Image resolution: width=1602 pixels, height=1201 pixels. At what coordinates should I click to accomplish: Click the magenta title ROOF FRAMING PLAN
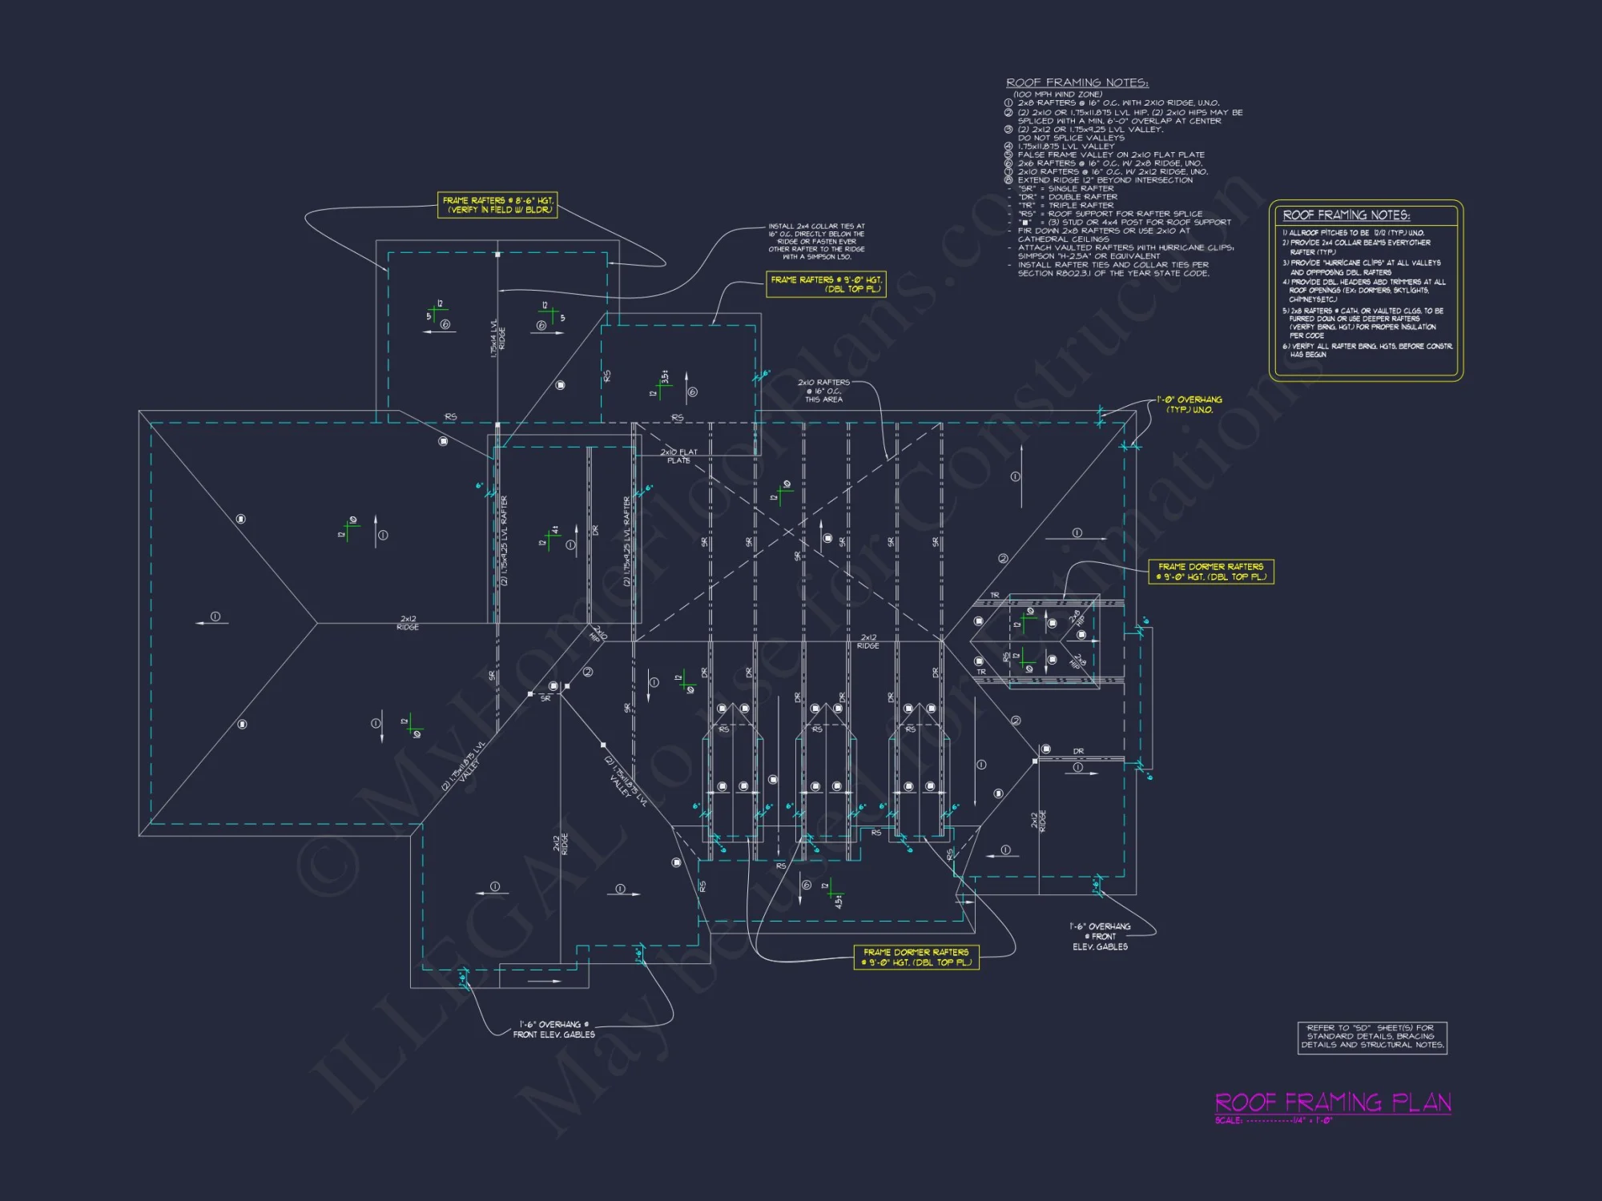click(x=1333, y=1103)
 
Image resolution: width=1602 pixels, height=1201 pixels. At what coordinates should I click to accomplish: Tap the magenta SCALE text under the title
click(x=1274, y=1121)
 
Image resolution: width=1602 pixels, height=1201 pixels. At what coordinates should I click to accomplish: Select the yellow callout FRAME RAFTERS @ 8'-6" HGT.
click(x=497, y=205)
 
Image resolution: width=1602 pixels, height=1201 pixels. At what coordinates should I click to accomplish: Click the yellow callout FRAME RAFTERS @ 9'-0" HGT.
click(x=826, y=284)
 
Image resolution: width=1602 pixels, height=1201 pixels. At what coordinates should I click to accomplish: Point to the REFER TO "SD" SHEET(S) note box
click(x=1372, y=1037)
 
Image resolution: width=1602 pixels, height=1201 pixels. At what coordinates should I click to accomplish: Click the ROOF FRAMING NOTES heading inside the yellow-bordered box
click(x=1346, y=215)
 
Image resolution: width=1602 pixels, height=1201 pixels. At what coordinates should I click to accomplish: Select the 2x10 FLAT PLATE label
click(x=678, y=456)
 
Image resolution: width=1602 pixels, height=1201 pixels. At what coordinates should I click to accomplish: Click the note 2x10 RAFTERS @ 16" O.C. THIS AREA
click(x=823, y=391)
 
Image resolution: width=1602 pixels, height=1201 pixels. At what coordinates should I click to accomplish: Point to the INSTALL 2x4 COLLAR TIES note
click(x=816, y=242)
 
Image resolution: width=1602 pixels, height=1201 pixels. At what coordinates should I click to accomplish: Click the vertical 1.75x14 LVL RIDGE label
click(x=497, y=339)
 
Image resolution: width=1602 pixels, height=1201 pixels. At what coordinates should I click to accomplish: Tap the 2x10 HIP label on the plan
click(x=598, y=635)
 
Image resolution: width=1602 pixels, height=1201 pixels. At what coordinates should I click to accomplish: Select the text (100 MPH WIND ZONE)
click(x=1057, y=94)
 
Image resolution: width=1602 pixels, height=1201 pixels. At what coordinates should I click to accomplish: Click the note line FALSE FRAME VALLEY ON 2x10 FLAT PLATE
click(x=1110, y=155)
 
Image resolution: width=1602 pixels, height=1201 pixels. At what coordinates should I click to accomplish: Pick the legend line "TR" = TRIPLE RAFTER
click(x=1065, y=206)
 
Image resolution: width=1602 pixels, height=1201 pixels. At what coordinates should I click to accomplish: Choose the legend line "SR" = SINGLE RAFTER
click(x=1065, y=189)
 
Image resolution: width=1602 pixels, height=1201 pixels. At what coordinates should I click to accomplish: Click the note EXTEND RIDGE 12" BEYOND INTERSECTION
click(x=1105, y=180)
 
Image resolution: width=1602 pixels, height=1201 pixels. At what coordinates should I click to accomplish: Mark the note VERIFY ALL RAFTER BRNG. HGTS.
click(x=1371, y=350)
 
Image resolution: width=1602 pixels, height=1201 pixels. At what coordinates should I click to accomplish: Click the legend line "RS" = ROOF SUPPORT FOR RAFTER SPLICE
click(x=1109, y=214)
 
